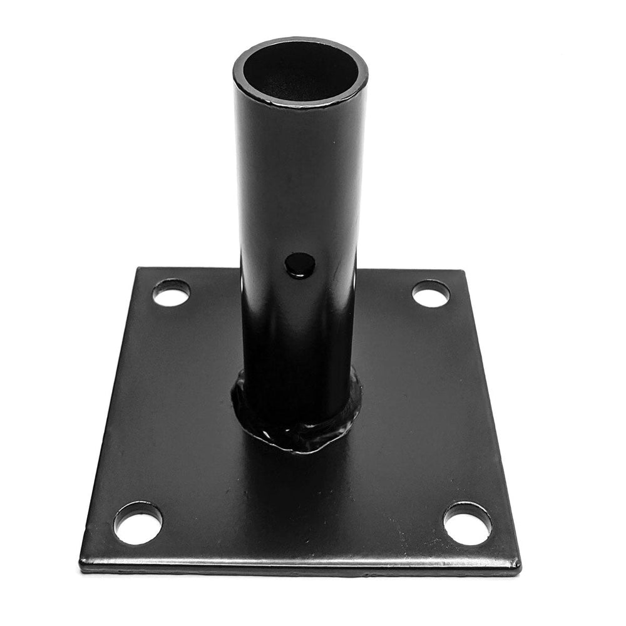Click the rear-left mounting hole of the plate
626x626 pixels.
[x=171, y=292]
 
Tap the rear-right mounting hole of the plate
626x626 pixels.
[x=431, y=293]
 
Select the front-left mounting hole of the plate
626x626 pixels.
[x=138, y=522]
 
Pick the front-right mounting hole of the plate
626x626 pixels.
[x=467, y=523]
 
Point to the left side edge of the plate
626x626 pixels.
[x=110, y=413]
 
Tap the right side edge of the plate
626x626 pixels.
[x=491, y=413]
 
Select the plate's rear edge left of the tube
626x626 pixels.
[x=188, y=269]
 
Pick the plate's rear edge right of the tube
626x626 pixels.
[x=407, y=270]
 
